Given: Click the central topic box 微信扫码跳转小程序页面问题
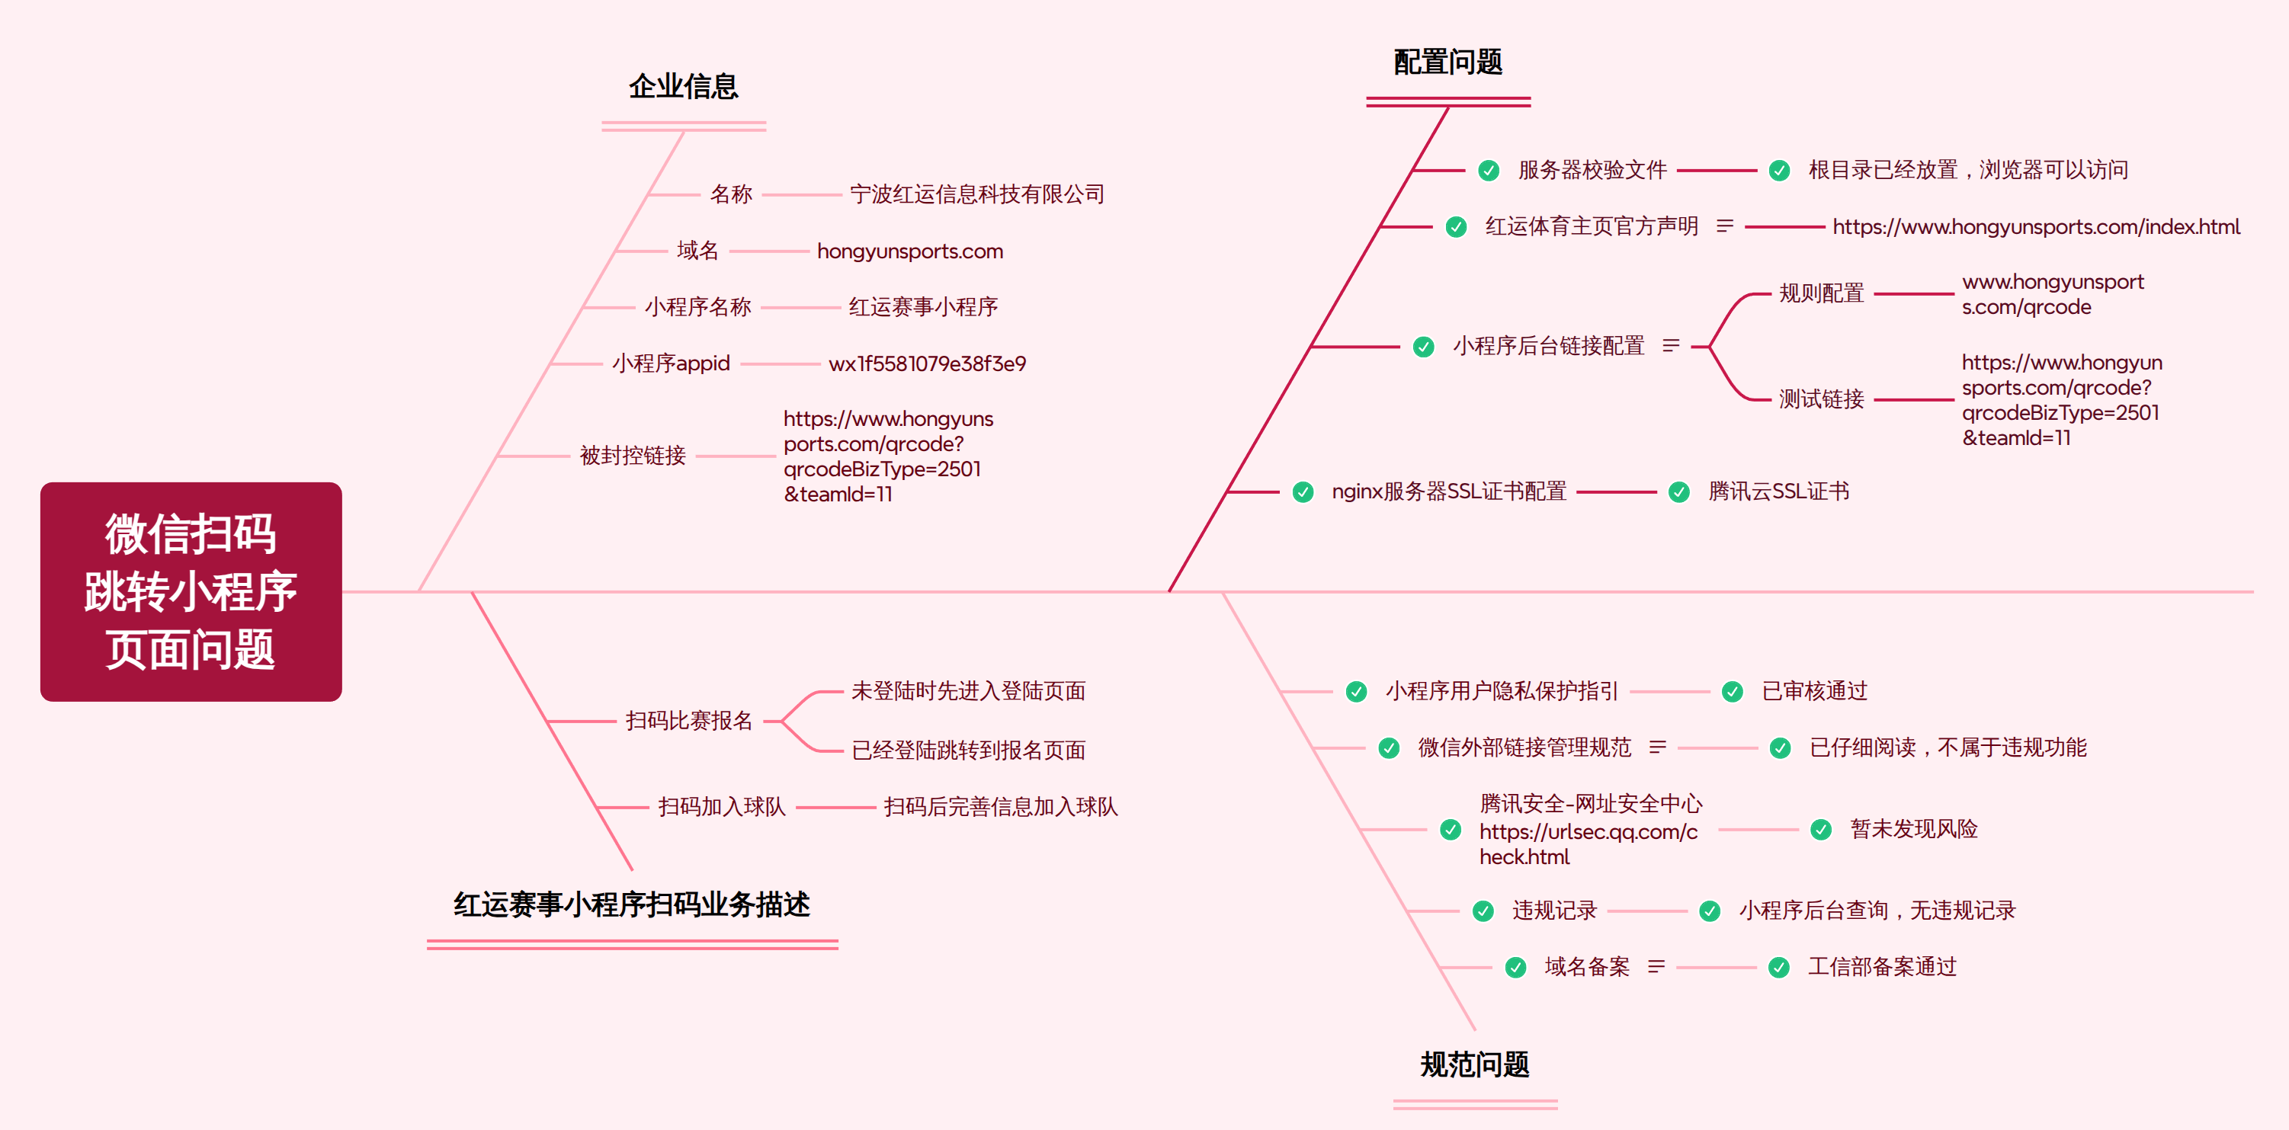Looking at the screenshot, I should [x=191, y=591].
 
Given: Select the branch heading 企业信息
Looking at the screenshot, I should [x=683, y=86].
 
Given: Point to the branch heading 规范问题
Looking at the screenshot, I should [x=1474, y=1064].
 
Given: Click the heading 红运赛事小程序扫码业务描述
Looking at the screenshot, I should [x=632, y=904].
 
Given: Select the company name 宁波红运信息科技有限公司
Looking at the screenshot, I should [x=976, y=194].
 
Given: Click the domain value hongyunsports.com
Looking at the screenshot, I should [x=910, y=251].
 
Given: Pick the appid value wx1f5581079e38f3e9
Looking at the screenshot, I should [x=927, y=363].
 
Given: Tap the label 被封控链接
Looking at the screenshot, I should [x=633, y=456].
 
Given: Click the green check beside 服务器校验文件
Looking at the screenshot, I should [x=1489, y=171].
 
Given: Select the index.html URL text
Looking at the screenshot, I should [x=2036, y=227].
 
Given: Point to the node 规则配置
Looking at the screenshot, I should [x=1821, y=293].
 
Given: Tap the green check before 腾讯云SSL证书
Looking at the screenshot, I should [x=1679, y=492].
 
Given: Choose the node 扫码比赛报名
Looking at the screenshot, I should [x=688, y=721].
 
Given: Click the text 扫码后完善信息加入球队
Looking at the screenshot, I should [x=1001, y=807].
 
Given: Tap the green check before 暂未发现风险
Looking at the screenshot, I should [x=1821, y=830].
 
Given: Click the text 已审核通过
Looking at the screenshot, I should [x=1814, y=691].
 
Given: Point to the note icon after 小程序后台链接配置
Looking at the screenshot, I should [x=1672, y=346].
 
